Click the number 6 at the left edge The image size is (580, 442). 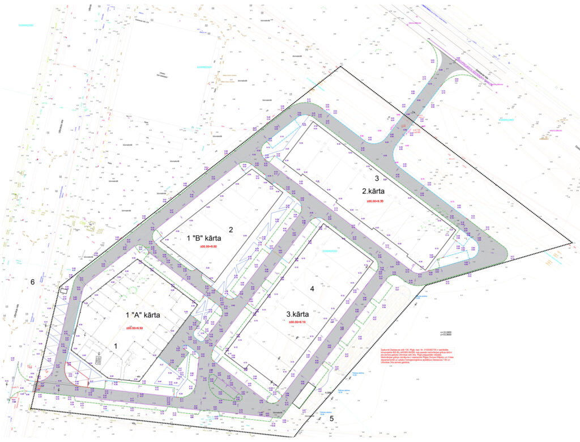(32, 282)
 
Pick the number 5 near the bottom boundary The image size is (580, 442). (332, 419)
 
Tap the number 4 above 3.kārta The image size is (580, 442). (312, 288)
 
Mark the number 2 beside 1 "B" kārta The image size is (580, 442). (231, 229)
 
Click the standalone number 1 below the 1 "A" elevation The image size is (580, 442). (116, 345)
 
